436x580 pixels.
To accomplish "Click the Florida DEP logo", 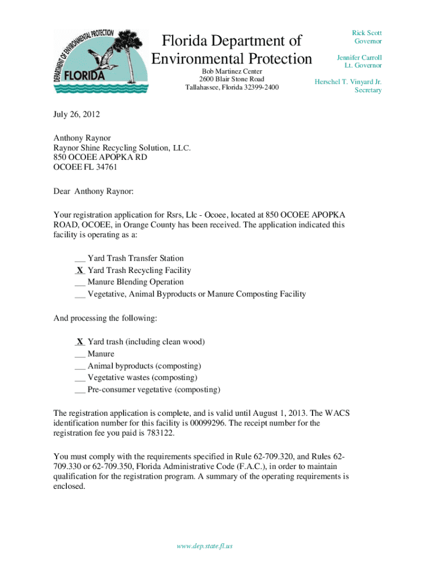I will [101, 62].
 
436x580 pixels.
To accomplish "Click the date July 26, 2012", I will [76, 114].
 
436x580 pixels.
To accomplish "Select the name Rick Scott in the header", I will [367, 33].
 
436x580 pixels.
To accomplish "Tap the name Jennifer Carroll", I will [359, 58].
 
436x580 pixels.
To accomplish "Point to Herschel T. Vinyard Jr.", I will [348, 82].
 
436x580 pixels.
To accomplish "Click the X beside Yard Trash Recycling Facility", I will [80, 270].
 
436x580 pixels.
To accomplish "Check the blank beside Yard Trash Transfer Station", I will [80, 258].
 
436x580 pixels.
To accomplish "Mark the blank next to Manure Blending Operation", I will [80, 282].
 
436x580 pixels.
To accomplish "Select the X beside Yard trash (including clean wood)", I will [80, 342].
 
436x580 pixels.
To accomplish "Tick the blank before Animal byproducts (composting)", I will [80, 366].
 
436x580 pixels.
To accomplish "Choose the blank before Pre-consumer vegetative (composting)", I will [80, 390].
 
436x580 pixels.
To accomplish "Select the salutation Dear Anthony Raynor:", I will [93, 191].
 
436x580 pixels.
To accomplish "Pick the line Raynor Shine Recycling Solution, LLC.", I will [122, 147].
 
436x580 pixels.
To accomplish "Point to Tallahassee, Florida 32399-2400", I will [232, 87].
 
